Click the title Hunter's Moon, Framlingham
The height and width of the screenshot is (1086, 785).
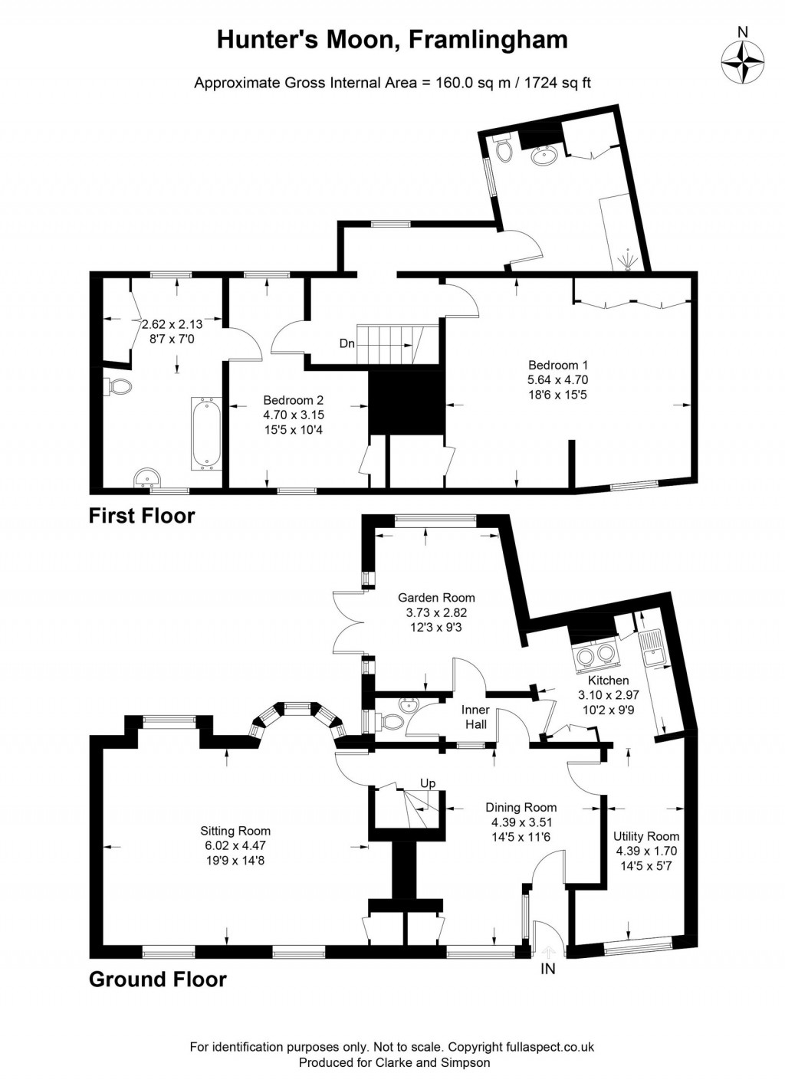coord(392,39)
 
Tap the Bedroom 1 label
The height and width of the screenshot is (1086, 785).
coord(557,365)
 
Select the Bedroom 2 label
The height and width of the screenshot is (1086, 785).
coord(293,400)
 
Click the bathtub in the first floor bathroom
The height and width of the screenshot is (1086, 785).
coord(205,433)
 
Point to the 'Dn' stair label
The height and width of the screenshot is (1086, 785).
coord(347,343)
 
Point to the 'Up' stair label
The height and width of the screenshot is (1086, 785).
coord(428,783)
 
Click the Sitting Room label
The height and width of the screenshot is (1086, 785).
coord(235,831)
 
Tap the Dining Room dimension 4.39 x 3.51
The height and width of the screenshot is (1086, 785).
coord(521,822)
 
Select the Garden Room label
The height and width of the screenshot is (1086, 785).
coord(435,598)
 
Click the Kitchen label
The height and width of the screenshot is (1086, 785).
coord(608,681)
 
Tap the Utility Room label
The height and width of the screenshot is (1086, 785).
coord(646,836)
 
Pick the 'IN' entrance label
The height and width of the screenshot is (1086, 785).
coord(548,969)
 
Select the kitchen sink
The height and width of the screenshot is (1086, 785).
coord(652,648)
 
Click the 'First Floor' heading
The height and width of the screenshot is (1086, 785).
coord(142,516)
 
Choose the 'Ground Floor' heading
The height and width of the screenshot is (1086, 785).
coord(158,979)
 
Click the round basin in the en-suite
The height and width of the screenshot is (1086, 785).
coord(545,156)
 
